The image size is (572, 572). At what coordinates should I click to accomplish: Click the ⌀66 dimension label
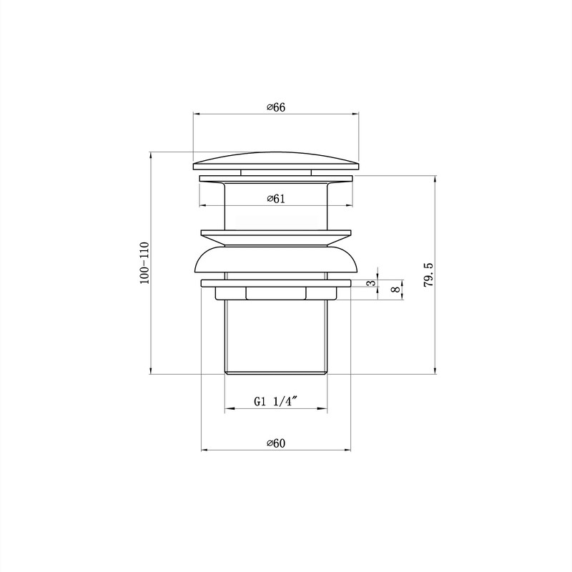276,107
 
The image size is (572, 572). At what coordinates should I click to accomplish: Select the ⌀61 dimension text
276,199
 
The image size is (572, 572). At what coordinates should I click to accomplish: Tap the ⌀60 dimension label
276,443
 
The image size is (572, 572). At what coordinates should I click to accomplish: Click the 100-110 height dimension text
144,262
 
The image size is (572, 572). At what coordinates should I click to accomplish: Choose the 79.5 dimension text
428,275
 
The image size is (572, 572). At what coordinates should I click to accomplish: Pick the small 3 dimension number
370,283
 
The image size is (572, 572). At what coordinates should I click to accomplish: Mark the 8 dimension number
395,290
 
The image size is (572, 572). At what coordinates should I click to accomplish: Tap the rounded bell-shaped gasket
276,260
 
